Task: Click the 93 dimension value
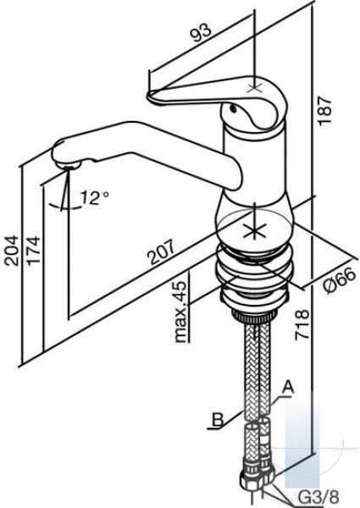click(202, 32)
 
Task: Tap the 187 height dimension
click(324, 110)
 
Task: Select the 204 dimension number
click(13, 251)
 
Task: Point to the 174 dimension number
click(33, 251)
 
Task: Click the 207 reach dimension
click(161, 252)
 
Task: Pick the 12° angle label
click(95, 197)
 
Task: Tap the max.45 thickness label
click(180, 312)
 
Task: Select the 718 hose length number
click(302, 324)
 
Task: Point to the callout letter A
click(287, 389)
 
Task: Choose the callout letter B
click(218, 420)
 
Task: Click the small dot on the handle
click(233, 109)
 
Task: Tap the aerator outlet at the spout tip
click(68, 166)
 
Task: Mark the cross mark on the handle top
click(255, 87)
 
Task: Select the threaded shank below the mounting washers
click(254, 315)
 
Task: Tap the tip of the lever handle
click(150, 96)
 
